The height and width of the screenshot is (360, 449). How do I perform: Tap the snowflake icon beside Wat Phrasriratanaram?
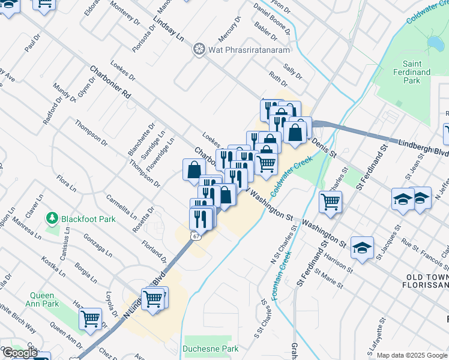click(198, 49)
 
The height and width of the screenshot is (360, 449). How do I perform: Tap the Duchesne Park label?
click(211, 349)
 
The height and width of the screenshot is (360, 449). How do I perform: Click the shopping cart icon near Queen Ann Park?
click(91, 318)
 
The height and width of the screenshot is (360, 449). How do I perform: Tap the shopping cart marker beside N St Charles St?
click(330, 202)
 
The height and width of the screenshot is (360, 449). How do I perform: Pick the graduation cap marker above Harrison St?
click(362, 248)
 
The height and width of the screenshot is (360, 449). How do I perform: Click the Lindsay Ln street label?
click(169, 28)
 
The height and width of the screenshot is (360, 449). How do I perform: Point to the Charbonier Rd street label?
click(110, 83)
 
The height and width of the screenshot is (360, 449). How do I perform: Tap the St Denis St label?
click(324, 148)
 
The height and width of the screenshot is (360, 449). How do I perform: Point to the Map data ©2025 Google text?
click(412, 355)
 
